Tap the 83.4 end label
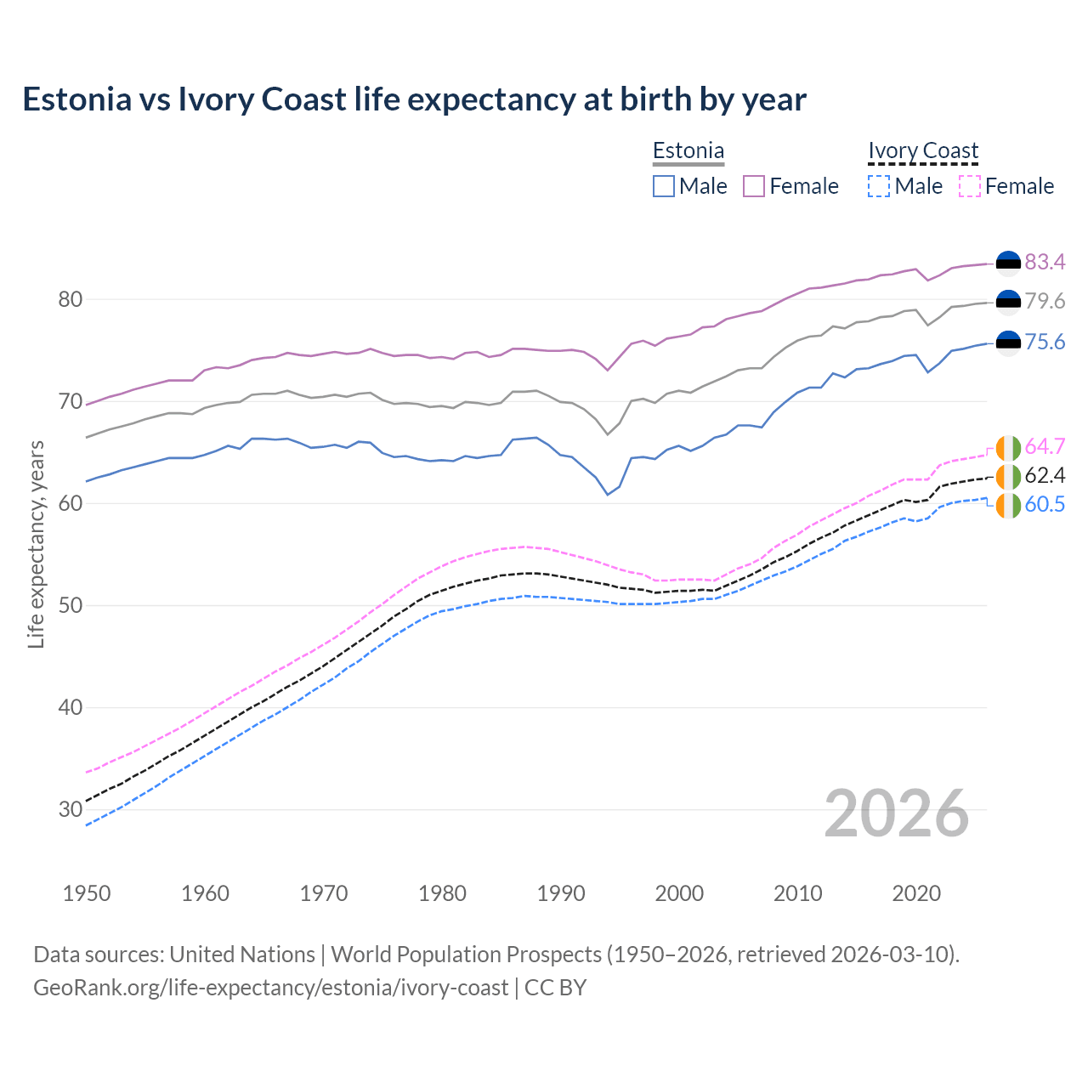coord(1045,263)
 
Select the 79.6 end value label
coord(1045,302)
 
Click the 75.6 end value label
coord(1045,343)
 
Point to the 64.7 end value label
coord(1045,447)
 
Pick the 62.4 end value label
coord(1045,476)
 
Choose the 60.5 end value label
coord(1045,505)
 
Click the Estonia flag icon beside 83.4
coord(1008,263)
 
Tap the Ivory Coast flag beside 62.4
coord(1008,476)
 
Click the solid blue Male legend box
coord(664,186)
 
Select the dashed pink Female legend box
coord(970,186)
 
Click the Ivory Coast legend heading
coord(923,151)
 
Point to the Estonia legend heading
coord(688,151)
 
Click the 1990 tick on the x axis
coord(561,893)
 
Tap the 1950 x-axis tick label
coord(87,893)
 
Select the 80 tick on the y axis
coord(71,300)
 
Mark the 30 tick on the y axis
coord(71,810)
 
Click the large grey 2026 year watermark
coord(897,813)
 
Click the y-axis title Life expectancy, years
coord(37,544)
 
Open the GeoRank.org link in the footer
coord(270,988)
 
